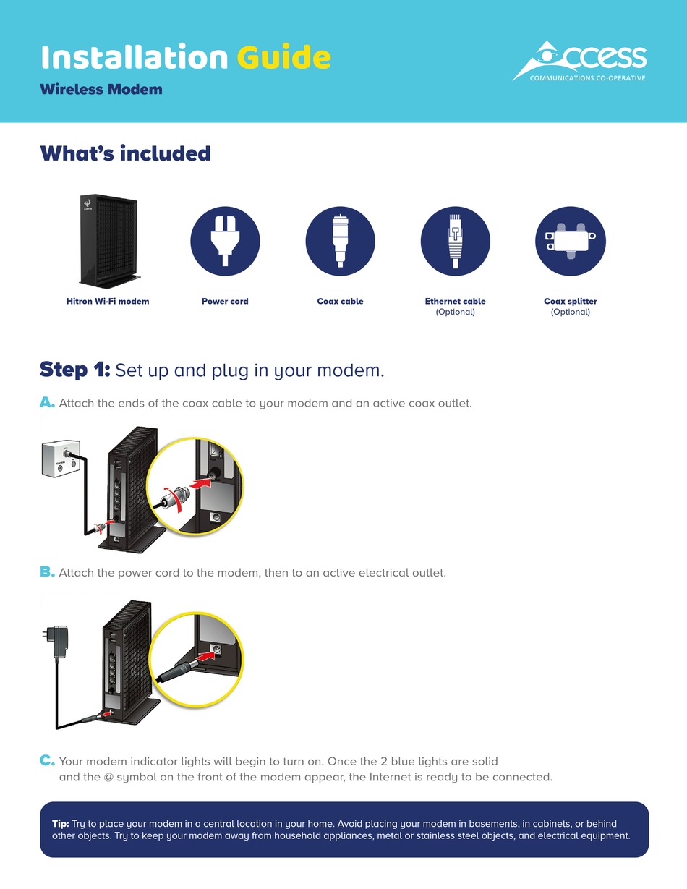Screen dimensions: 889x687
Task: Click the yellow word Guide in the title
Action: tap(283, 57)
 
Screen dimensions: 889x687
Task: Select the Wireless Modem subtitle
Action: tap(101, 90)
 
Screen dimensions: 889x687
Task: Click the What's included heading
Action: tap(125, 153)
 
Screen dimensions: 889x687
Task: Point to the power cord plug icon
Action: tap(225, 241)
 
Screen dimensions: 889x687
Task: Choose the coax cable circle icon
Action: tap(340, 241)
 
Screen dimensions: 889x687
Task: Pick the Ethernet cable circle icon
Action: tap(455, 241)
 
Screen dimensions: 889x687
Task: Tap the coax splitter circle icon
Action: tap(571, 241)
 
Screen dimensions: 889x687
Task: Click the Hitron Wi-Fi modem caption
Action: tap(108, 301)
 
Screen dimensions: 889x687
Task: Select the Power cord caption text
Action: tap(225, 301)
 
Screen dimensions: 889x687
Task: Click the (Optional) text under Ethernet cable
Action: tap(455, 312)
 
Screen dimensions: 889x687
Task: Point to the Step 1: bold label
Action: tap(74, 370)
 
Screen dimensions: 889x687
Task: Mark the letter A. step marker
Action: tap(47, 403)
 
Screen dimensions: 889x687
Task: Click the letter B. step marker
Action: tap(47, 572)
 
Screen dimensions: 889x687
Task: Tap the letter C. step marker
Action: tap(47, 761)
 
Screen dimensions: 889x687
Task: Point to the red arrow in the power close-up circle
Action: tap(207, 655)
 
